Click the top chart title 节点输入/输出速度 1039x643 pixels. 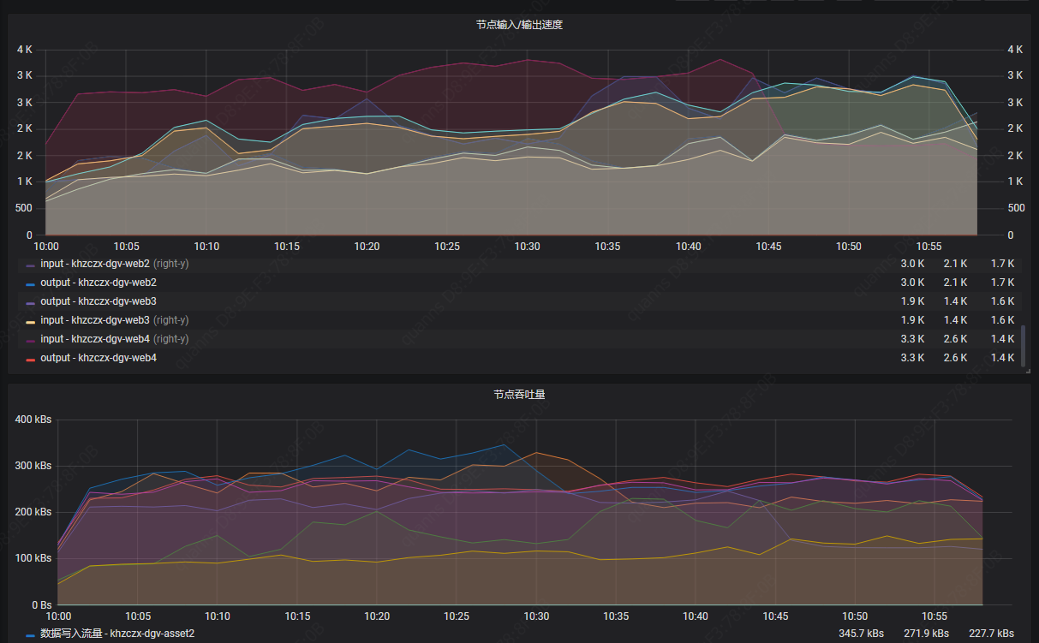coord(519,25)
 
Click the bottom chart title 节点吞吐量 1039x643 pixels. coord(519,395)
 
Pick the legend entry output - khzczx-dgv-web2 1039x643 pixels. coord(99,283)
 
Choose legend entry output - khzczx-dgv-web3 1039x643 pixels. coord(99,301)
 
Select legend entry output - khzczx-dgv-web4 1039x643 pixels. coord(99,358)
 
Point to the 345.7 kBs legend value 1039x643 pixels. coord(861,634)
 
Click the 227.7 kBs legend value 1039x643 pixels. coord(991,634)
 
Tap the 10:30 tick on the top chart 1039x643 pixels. coord(528,247)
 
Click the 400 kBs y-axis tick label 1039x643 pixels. coord(33,420)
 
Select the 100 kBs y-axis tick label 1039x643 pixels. coord(33,558)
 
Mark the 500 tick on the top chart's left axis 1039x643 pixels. coord(24,208)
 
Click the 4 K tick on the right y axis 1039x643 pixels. coord(1015,50)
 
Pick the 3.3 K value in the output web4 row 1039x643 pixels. coord(912,358)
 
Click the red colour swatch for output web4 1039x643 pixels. coord(31,359)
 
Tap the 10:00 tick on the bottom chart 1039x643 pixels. coord(58,616)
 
